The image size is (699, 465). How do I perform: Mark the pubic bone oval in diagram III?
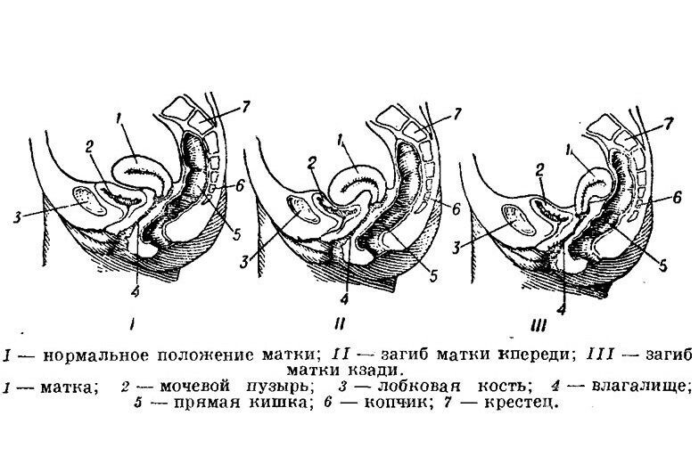click(x=514, y=217)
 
